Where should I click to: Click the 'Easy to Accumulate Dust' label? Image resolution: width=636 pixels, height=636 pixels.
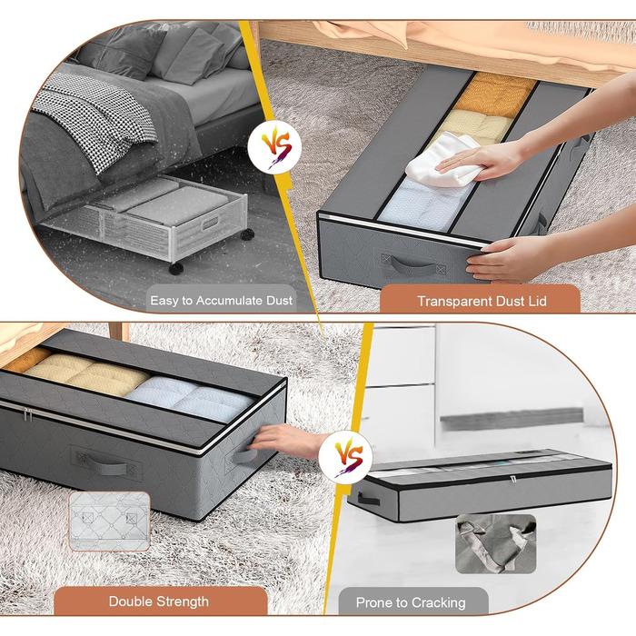(221, 301)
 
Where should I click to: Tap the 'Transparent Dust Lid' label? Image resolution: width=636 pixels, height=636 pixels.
(482, 302)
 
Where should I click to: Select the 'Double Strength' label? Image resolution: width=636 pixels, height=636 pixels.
(159, 601)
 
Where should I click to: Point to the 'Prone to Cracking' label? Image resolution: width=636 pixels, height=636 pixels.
(411, 602)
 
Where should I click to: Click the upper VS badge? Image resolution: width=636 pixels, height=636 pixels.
(275, 147)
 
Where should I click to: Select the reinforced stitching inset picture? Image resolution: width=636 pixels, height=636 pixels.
(110, 522)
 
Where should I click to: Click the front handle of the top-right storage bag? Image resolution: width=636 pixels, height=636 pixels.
(412, 267)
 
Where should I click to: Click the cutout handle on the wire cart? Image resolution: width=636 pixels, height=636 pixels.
(211, 224)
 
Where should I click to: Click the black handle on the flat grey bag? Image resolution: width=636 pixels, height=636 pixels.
(368, 499)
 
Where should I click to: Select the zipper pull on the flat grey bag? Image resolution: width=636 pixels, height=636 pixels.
(513, 480)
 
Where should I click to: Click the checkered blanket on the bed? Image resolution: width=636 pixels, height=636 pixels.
(95, 117)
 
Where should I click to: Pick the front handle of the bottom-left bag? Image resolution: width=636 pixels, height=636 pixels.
(107, 465)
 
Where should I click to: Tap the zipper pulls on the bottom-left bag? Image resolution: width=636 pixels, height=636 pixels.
(27, 415)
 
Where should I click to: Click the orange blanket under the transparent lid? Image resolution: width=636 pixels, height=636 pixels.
(495, 95)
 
